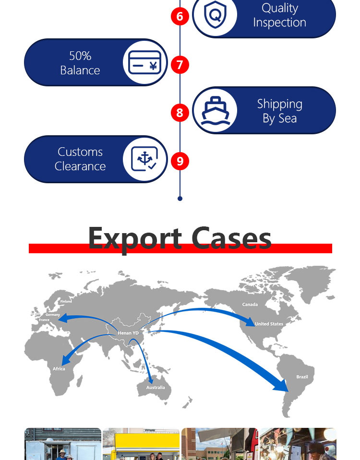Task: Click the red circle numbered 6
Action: click(x=180, y=17)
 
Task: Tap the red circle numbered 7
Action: click(x=180, y=65)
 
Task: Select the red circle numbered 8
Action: click(x=180, y=113)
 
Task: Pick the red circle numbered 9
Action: click(x=180, y=161)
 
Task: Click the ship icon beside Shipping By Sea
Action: click(x=215, y=110)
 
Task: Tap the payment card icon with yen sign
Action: click(x=144, y=63)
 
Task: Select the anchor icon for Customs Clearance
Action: click(x=144, y=159)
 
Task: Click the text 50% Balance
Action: click(x=80, y=63)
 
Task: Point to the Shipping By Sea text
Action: click(x=279, y=111)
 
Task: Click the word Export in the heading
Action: click(x=135, y=238)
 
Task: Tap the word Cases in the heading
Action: click(x=231, y=238)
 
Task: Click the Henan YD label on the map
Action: click(x=128, y=333)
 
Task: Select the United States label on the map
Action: click(x=269, y=324)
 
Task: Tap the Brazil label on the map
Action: click(x=302, y=377)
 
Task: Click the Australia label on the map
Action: click(x=156, y=388)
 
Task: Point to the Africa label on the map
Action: click(x=59, y=369)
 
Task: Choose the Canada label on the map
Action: click(x=250, y=305)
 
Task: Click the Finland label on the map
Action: click(x=66, y=302)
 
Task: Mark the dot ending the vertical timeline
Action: click(x=180, y=198)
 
